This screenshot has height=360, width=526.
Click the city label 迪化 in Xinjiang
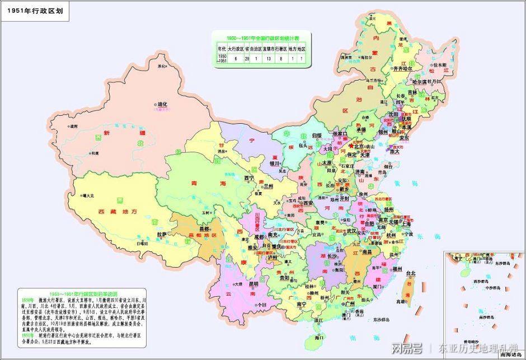162,104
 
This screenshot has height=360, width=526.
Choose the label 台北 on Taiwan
411,273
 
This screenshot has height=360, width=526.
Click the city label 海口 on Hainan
319,338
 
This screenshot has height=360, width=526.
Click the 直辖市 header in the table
270,49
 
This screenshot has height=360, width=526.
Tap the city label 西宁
250,178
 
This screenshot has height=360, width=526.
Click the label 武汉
352,230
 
